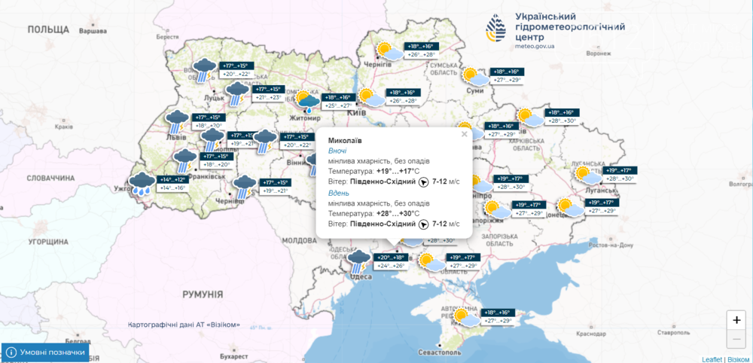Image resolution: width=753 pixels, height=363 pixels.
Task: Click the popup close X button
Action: point(464,134)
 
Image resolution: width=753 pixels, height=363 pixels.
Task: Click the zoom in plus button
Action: point(736,319)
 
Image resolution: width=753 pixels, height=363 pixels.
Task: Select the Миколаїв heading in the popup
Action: point(344,140)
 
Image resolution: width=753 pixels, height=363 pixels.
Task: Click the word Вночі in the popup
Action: point(339,151)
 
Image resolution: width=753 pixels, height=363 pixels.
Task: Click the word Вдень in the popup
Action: point(339,193)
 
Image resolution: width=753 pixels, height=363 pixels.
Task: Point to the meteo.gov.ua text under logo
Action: point(535,46)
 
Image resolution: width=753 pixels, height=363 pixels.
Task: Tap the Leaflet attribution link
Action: point(712,359)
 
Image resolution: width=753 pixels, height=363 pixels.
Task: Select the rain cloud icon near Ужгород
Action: point(140,184)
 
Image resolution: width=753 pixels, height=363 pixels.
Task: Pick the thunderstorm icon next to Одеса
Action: point(358,261)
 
